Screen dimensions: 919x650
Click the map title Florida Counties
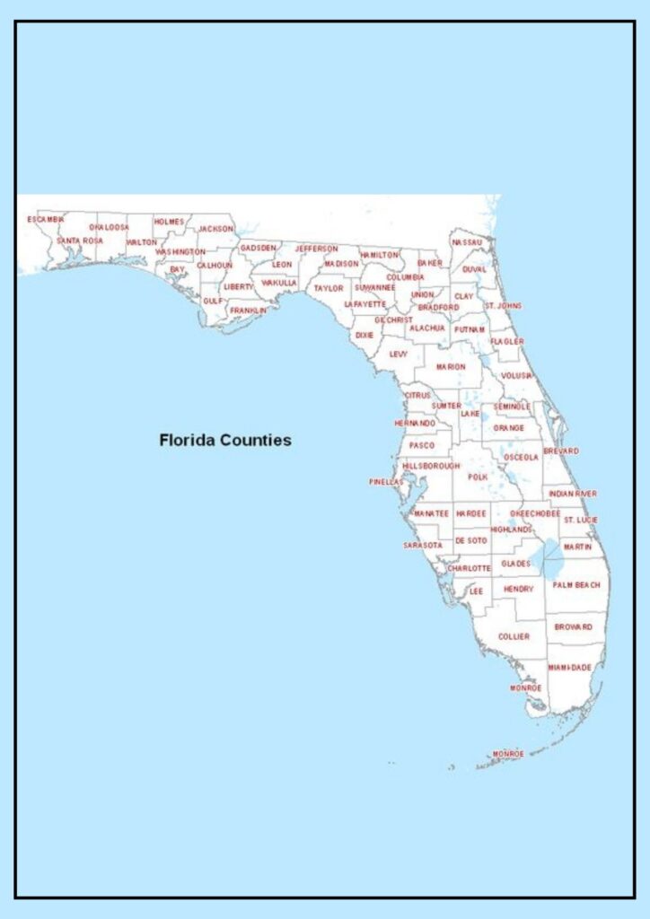click(224, 441)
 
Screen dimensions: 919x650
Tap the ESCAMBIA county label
click(46, 220)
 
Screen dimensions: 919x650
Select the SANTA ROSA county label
click(80, 241)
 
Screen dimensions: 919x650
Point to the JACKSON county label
click(215, 229)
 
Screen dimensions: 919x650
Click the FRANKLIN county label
click(248, 311)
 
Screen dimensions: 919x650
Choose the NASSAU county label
click(467, 243)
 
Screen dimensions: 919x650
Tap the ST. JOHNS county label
click(503, 306)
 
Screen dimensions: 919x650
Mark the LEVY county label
click(398, 354)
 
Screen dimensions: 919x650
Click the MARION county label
click(451, 366)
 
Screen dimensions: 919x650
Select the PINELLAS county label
click(386, 482)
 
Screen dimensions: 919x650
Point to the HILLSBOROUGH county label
click(431, 467)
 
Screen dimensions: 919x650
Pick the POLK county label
click(477, 477)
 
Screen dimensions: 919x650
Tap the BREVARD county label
click(561, 451)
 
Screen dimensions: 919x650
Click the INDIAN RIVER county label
click(573, 494)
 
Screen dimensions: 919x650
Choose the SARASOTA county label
click(422, 545)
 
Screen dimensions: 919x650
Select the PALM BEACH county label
click(575, 585)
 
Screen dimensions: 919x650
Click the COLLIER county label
click(514, 636)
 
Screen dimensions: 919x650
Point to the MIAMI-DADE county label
click(569, 668)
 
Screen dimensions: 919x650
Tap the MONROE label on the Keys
click(507, 754)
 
